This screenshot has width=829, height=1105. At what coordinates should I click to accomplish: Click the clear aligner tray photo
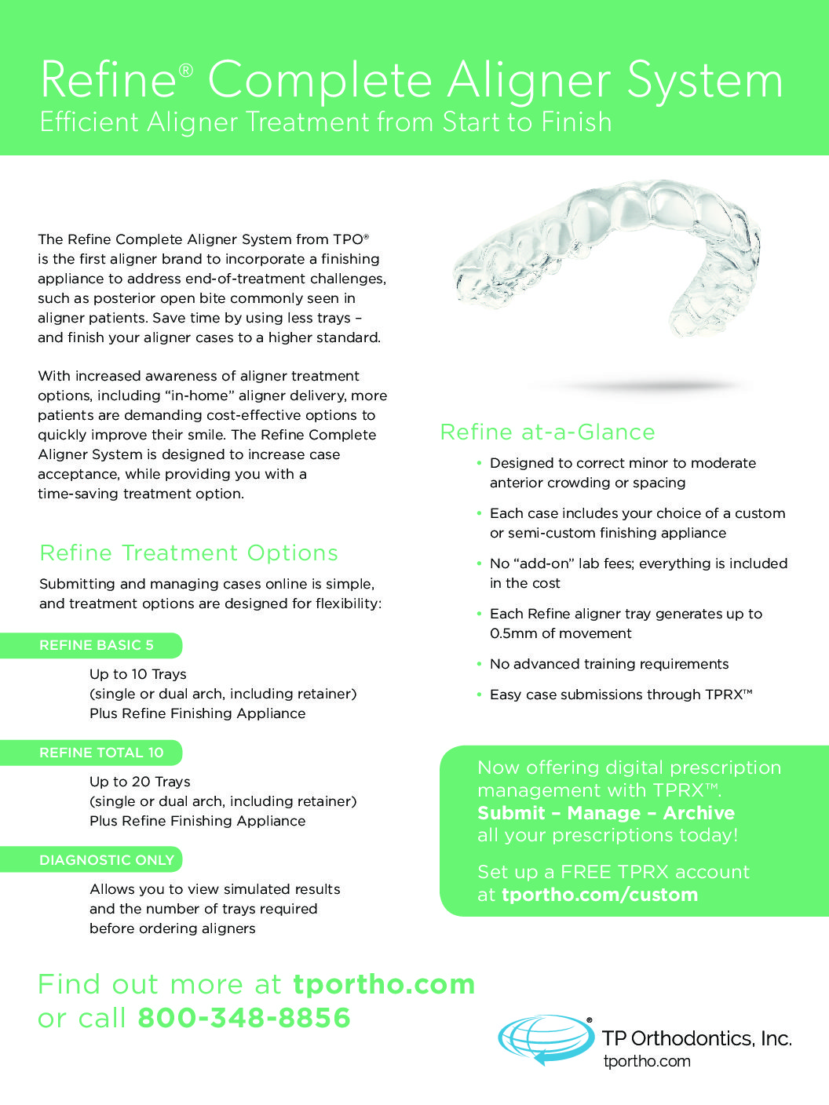click(x=608, y=263)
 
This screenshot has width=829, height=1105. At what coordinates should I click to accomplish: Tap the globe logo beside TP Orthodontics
click(x=546, y=1039)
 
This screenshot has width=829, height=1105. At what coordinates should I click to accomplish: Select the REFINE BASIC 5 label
click(x=97, y=645)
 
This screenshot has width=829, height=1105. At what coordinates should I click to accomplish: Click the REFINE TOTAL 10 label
click(x=101, y=753)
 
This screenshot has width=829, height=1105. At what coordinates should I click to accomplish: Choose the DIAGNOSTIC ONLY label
click(x=107, y=860)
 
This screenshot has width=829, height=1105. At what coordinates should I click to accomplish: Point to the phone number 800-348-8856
click(x=244, y=1018)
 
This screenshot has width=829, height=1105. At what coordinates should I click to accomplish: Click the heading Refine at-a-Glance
click(x=547, y=432)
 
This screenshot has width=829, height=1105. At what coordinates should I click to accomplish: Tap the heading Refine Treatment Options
click(x=188, y=552)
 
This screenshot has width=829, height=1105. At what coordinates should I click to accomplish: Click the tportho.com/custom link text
click(x=600, y=895)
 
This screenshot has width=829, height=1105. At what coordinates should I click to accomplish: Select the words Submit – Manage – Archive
click(x=606, y=813)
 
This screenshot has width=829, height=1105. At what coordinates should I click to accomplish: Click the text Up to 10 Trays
click(x=138, y=674)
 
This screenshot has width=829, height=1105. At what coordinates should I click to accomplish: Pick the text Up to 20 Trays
click(x=140, y=782)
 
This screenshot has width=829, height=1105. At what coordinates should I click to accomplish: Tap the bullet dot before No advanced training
click(x=479, y=664)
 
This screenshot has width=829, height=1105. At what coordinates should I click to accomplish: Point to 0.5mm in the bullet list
click(x=513, y=633)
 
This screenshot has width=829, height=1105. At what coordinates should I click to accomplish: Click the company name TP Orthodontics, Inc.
click(x=696, y=1038)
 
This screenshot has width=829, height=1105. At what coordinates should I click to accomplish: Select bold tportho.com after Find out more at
click(x=384, y=984)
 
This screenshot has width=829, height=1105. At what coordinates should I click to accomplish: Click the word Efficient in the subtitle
click(x=89, y=122)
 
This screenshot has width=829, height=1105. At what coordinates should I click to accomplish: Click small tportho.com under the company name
click(x=647, y=1061)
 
